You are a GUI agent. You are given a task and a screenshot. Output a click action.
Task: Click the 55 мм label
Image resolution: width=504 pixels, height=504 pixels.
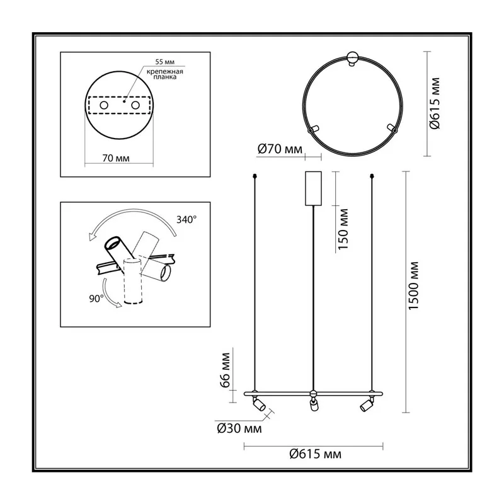tap(165, 62)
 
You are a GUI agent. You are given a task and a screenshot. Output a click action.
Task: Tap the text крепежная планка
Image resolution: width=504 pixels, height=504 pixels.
tap(165, 74)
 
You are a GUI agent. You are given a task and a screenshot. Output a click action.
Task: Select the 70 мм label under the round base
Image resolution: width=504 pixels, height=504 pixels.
tap(116, 158)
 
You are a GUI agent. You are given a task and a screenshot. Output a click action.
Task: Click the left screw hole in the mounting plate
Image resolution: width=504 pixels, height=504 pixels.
tap(104, 105)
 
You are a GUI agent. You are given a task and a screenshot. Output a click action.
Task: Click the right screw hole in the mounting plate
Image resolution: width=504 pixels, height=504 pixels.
tap(135, 105)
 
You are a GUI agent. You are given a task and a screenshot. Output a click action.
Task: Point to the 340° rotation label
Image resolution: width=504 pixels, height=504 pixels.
tap(186, 220)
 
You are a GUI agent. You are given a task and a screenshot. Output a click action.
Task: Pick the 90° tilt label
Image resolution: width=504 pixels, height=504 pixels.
tap(96, 299)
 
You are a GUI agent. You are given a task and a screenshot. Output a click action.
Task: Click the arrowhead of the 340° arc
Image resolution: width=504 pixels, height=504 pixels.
tap(93, 237)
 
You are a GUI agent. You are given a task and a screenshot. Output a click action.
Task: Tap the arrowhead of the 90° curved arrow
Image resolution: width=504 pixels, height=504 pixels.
tap(118, 304)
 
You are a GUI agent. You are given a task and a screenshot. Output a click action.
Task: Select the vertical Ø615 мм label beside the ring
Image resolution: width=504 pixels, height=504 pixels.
tap(435, 103)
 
